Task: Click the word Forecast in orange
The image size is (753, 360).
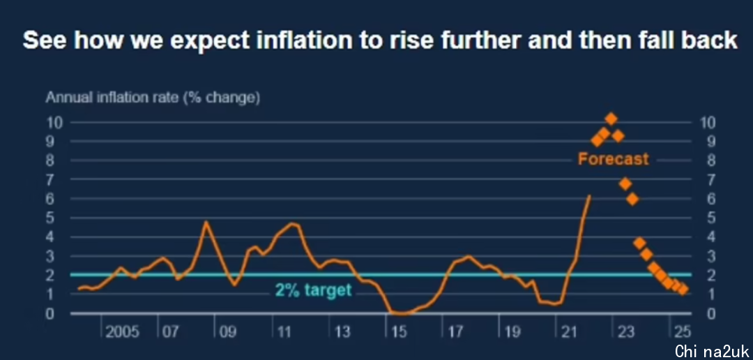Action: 613,159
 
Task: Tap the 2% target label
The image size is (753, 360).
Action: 313,290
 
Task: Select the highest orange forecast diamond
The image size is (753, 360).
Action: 611,119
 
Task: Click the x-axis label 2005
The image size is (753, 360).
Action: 122,331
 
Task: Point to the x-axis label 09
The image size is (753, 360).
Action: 228,331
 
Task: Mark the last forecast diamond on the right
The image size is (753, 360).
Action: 682,289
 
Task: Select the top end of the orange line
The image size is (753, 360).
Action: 589,196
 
